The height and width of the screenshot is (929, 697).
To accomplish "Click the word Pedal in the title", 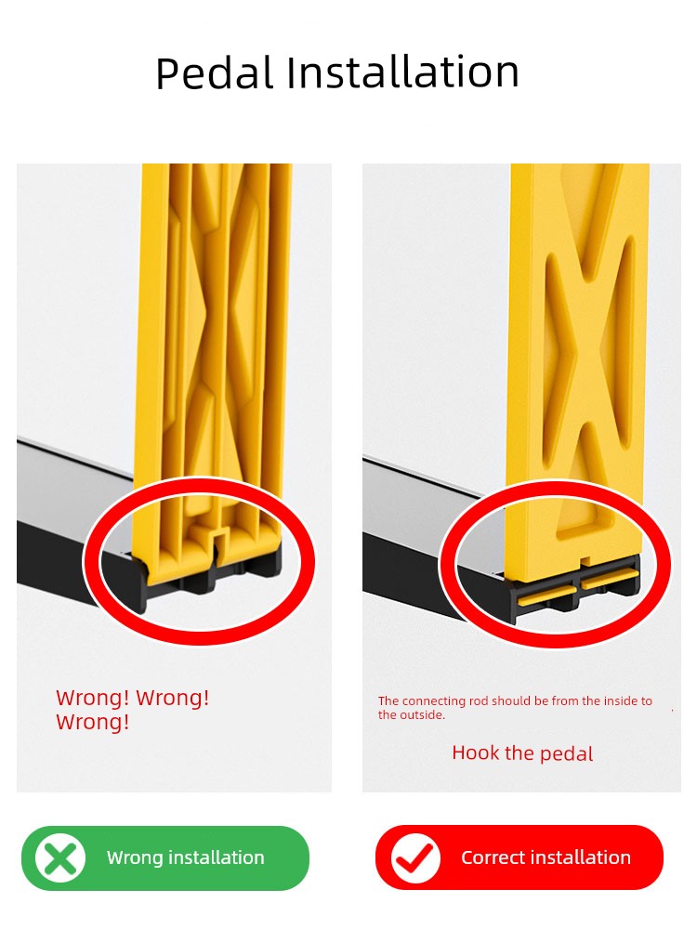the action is (x=215, y=72).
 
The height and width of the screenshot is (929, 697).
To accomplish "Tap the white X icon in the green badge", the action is (x=59, y=857).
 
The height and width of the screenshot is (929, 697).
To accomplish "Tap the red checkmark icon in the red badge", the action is (x=415, y=857).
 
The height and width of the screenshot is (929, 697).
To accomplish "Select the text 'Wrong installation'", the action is (x=186, y=857).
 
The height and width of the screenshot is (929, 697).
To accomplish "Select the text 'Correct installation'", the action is (x=546, y=857).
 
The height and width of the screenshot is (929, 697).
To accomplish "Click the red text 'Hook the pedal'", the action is (x=522, y=753).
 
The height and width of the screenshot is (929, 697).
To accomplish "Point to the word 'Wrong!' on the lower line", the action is (x=92, y=722).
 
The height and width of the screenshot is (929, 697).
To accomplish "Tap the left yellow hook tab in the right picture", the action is (x=546, y=596).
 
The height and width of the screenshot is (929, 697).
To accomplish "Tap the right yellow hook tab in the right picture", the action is (x=610, y=579).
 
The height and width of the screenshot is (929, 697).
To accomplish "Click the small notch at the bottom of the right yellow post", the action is (x=585, y=560).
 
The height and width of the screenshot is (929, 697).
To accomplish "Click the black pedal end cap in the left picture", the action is (x=131, y=583).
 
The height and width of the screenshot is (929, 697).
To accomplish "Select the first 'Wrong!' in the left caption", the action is (x=92, y=698).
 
